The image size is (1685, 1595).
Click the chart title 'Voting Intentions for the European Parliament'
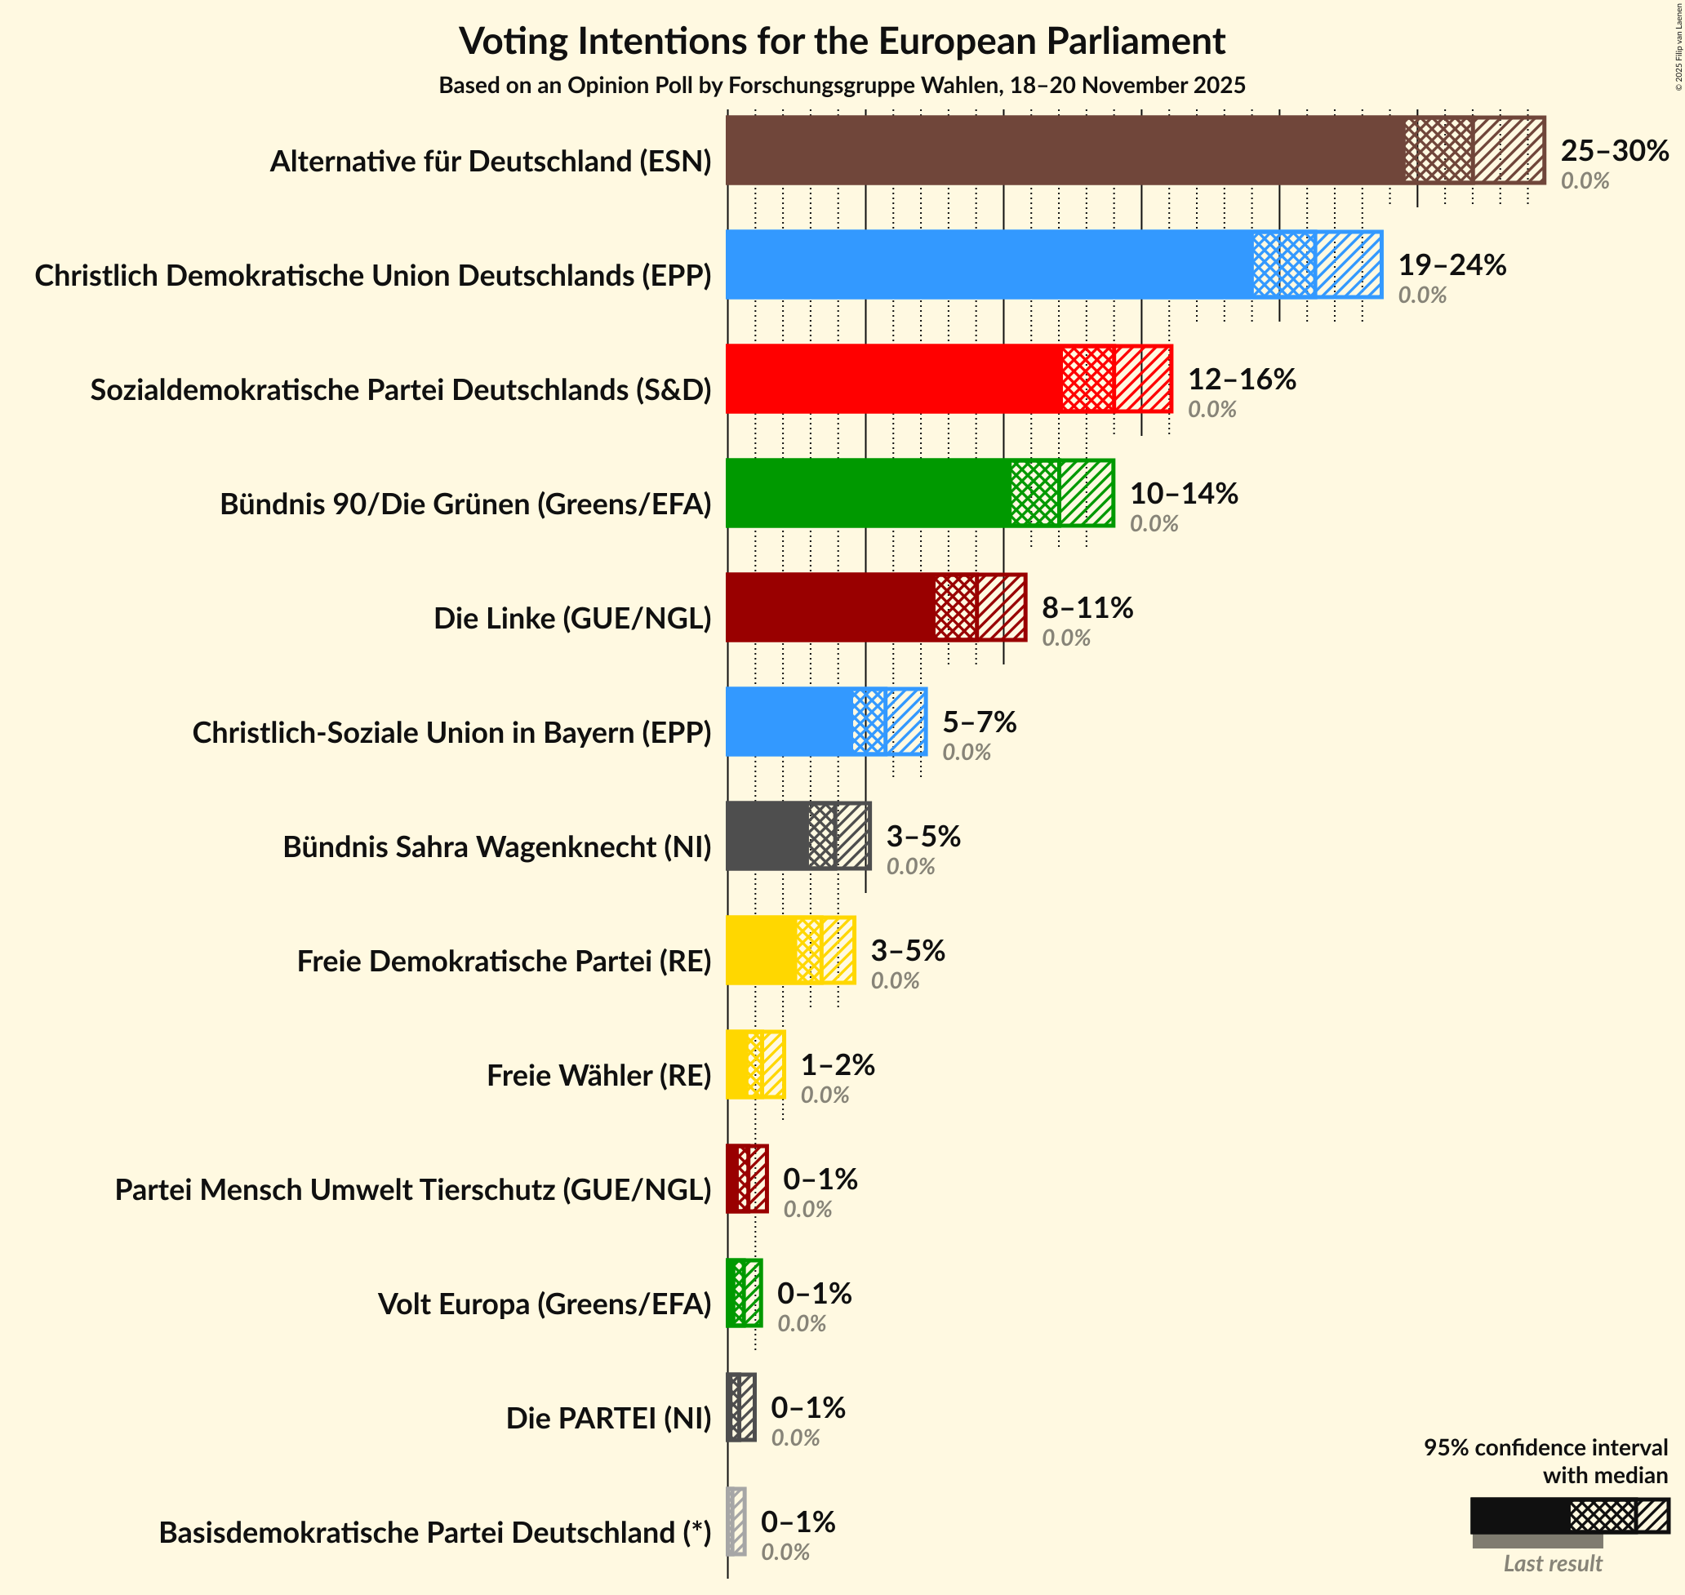842,41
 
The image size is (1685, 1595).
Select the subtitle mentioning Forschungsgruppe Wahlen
842,86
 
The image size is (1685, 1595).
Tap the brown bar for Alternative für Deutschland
1063,150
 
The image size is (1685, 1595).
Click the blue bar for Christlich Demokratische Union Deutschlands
986,264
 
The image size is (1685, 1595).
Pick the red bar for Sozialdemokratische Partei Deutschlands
892,380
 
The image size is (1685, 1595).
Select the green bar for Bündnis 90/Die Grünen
867,493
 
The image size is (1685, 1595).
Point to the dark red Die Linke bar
829,607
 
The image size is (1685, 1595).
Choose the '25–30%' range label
1615,150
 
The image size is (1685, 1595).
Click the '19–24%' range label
1452,265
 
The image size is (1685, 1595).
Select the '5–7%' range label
980,722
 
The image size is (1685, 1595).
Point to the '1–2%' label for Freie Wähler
838,1064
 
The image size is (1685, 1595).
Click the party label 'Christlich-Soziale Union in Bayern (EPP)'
451,733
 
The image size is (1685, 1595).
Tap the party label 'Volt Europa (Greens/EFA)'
544,1304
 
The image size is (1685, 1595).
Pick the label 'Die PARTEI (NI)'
609,1418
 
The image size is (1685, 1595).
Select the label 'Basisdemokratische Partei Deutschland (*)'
434,1532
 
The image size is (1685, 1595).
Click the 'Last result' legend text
1553,1562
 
